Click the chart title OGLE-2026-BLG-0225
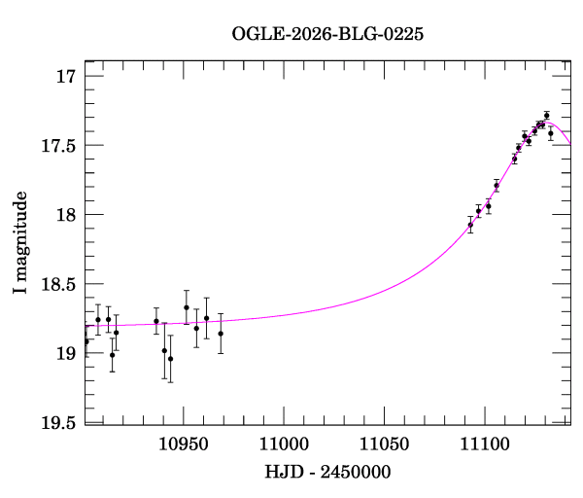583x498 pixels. pyautogui.click(x=327, y=34)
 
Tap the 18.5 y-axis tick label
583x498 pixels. pyautogui.click(x=58, y=284)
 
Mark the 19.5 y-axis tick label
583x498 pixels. pyautogui.click(x=58, y=422)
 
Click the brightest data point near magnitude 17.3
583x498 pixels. pyautogui.click(x=546, y=116)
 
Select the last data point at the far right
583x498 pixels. pyautogui.click(x=550, y=133)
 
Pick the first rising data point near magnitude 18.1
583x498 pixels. pyautogui.click(x=470, y=225)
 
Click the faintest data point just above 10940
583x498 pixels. pyautogui.click(x=170, y=359)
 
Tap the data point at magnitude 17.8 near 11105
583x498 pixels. pyautogui.click(x=497, y=185)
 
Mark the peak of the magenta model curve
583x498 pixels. pyautogui.click(x=548, y=123)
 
